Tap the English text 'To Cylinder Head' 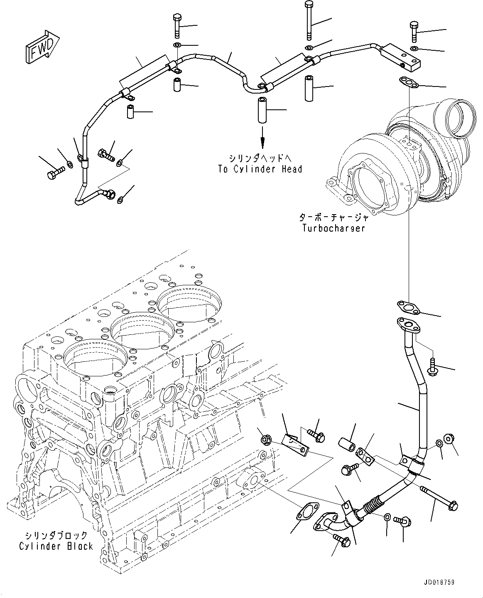(260, 169)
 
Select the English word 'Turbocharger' (333, 228)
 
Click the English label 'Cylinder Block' (56, 546)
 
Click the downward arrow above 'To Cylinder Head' (262, 141)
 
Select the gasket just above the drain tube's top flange (407, 308)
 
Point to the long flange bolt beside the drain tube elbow (439, 497)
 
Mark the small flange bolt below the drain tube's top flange (433, 366)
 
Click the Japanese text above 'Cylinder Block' (56, 535)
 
